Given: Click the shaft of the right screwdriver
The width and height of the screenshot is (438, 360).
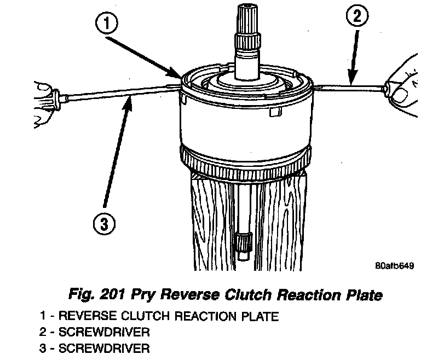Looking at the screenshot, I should click(350, 85).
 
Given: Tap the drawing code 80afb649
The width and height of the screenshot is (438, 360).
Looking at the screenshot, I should click(394, 266).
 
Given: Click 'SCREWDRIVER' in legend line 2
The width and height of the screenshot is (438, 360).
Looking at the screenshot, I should click(104, 332).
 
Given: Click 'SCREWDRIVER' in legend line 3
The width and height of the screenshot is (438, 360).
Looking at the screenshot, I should click(104, 349).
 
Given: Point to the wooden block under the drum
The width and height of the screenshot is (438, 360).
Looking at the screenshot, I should click(208, 219).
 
